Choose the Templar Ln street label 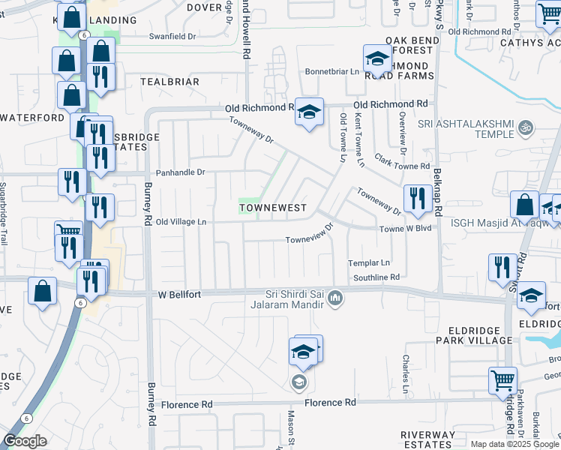click(x=369, y=263)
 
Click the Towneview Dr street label click(x=308, y=241)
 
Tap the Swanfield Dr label click(x=172, y=35)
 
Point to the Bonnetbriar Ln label click(x=331, y=72)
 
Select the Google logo click(x=24, y=441)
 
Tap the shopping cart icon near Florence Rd click(x=502, y=379)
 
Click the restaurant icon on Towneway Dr click(x=416, y=196)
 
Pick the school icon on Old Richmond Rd click(x=308, y=112)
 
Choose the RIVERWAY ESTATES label click(x=427, y=439)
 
